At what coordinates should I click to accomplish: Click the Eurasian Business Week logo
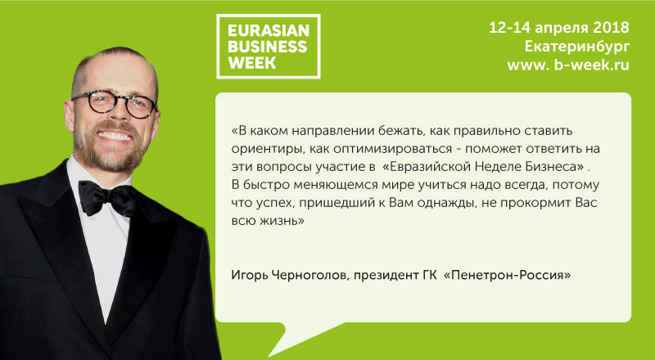(x=269, y=47)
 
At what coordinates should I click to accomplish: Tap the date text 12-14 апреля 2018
(x=559, y=28)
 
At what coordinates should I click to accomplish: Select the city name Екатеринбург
(x=577, y=47)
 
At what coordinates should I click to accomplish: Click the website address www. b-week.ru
(x=568, y=65)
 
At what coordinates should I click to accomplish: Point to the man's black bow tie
(x=107, y=198)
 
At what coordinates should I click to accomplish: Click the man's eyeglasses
(x=114, y=103)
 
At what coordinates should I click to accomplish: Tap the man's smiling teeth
(x=114, y=136)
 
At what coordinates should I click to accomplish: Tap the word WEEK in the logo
(x=252, y=63)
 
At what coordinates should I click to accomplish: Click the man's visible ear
(x=70, y=114)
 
